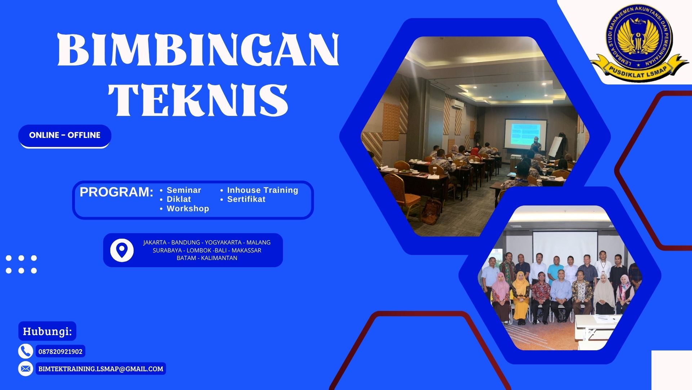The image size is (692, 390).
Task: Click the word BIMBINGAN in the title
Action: tap(198, 49)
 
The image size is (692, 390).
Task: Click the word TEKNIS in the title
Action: tap(198, 100)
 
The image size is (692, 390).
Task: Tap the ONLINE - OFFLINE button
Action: tap(65, 135)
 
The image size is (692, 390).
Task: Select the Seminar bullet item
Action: tap(184, 190)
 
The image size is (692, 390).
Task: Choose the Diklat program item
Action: tap(179, 199)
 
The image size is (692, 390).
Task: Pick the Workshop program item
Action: tap(187, 208)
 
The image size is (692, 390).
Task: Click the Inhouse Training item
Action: tap(262, 190)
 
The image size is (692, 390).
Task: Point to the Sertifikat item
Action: tap(246, 199)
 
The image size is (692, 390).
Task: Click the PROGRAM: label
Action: tap(116, 192)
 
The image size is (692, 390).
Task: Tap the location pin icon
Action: tap(122, 250)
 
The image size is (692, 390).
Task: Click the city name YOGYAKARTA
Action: tap(223, 242)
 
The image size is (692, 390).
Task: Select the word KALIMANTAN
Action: tap(219, 258)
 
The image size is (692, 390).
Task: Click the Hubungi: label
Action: tap(47, 331)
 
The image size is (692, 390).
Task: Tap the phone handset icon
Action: tap(25, 351)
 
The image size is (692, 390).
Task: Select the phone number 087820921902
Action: tap(61, 351)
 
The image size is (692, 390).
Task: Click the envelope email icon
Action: tap(25, 369)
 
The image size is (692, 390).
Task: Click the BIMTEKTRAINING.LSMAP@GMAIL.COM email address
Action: tap(101, 369)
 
